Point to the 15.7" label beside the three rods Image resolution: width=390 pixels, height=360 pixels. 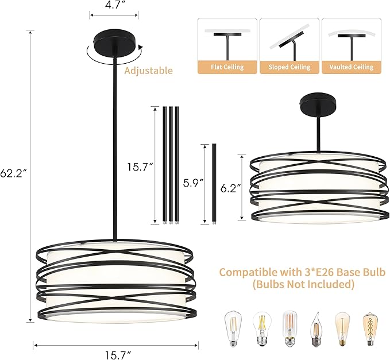coord(140,167)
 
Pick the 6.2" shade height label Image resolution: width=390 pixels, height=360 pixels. coord(231,187)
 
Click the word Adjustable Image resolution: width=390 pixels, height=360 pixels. coord(148,71)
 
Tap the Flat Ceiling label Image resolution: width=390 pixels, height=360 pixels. coord(226,67)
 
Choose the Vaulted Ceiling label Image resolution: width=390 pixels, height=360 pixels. coord(351,67)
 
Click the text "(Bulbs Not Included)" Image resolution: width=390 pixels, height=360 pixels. coord(302,284)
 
